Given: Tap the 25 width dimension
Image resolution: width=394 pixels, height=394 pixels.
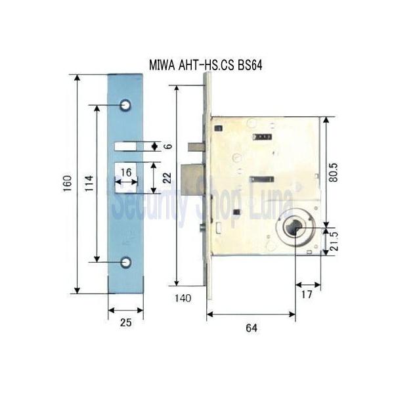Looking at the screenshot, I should [x=125, y=322].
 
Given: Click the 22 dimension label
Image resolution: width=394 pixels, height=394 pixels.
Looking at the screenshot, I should [x=168, y=176].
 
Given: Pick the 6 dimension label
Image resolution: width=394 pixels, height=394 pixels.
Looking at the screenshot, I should [x=168, y=146].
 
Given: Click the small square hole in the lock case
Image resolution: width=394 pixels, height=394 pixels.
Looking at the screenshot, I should [x=235, y=211].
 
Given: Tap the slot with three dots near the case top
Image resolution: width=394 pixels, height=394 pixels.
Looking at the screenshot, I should [x=261, y=137].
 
